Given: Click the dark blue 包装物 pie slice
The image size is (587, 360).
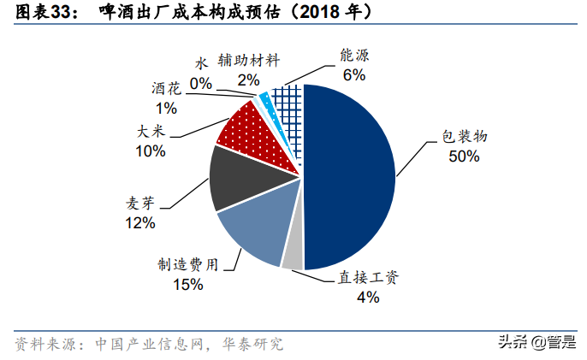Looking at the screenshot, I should [351, 175].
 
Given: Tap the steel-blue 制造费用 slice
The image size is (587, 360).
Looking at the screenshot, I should [252, 227].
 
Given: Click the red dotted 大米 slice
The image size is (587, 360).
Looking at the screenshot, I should [244, 128].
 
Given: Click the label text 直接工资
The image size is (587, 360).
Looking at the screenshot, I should [367, 278].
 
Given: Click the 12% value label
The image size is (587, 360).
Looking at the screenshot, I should [139, 223].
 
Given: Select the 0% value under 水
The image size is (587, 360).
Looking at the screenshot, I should [201, 83].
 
